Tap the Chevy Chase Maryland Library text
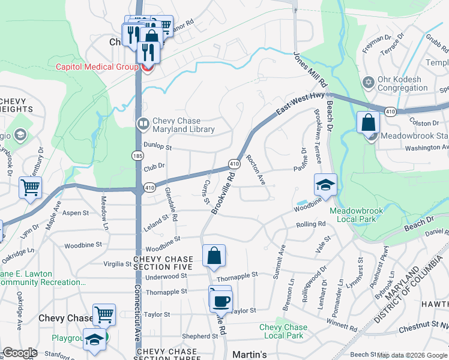coord(184,125)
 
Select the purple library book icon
coord(143,125)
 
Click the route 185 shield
coord(137,155)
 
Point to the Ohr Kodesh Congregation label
coord(400,83)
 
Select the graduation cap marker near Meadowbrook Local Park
coord(325,184)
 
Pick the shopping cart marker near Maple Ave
coord(30,187)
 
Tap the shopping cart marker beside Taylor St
coord(104,314)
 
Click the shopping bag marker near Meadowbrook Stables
coord(368,122)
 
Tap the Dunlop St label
coord(158,147)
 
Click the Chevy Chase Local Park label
coord(283,331)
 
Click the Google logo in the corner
coord(19,353)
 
